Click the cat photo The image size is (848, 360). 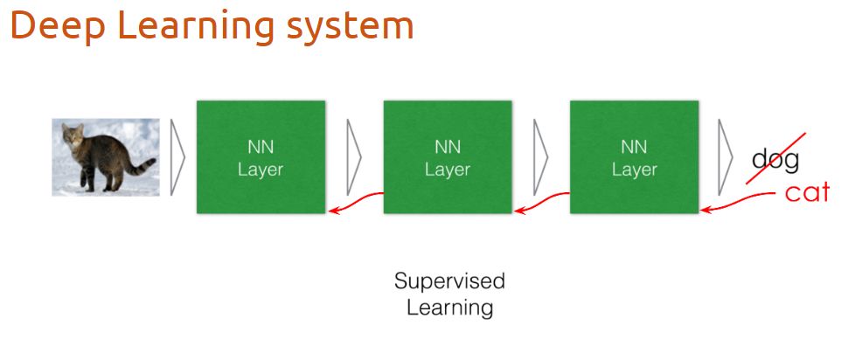106,157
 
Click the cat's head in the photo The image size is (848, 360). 73,137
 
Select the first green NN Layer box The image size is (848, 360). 261,157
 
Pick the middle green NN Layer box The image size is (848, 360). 448,157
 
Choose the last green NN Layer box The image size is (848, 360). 634,157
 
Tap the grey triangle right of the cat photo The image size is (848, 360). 177,157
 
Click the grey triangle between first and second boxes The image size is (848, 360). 353,157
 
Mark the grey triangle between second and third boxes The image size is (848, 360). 539,157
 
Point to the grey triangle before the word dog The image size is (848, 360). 725,157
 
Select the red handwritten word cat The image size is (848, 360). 806,192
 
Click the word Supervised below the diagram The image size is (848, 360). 449,281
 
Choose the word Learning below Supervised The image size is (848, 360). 449,308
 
